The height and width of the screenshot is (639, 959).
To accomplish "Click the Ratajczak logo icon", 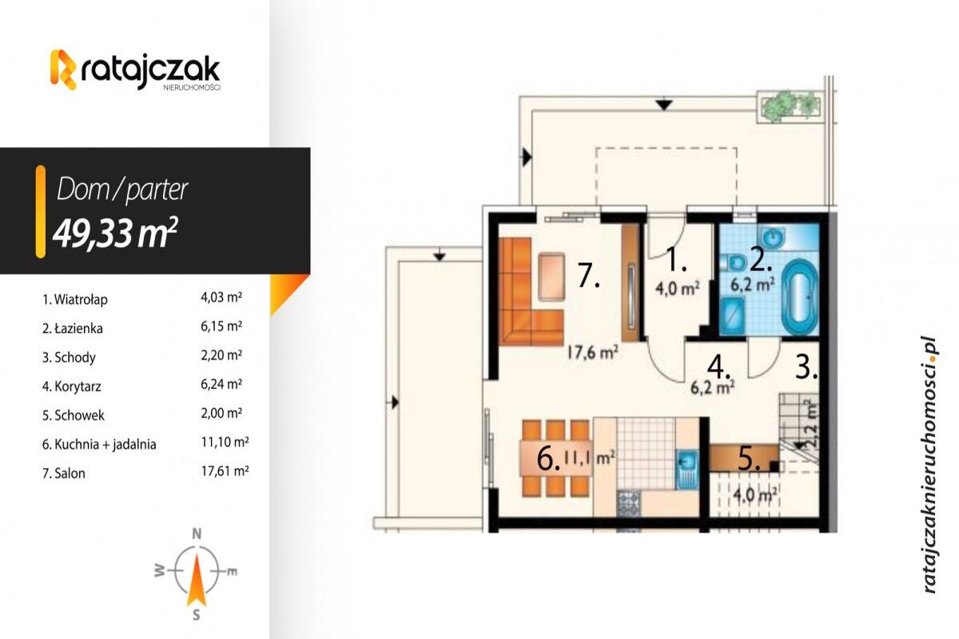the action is click(x=64, y=69).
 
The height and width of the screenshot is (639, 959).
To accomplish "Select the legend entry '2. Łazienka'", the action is click(x=73, y=329).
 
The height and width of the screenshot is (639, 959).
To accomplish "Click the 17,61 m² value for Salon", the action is click(x=225, y=471).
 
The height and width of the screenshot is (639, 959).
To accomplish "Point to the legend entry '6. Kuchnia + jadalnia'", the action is click(x=99, y=445).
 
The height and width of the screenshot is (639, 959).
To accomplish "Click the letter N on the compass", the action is click(x=197, y=534).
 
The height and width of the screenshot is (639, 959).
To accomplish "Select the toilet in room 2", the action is click(x=733, y=264).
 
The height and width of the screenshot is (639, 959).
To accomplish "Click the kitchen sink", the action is click(x=687, y=469).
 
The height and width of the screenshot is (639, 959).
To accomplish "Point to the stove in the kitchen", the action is click(x=629, y=503).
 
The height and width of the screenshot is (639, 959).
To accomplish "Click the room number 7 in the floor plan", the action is click(x=588, y=276).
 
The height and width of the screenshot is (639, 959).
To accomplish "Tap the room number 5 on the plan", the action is click(x=749, y=458).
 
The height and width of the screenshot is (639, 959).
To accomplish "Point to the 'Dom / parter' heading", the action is click(x=122, y=189).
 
